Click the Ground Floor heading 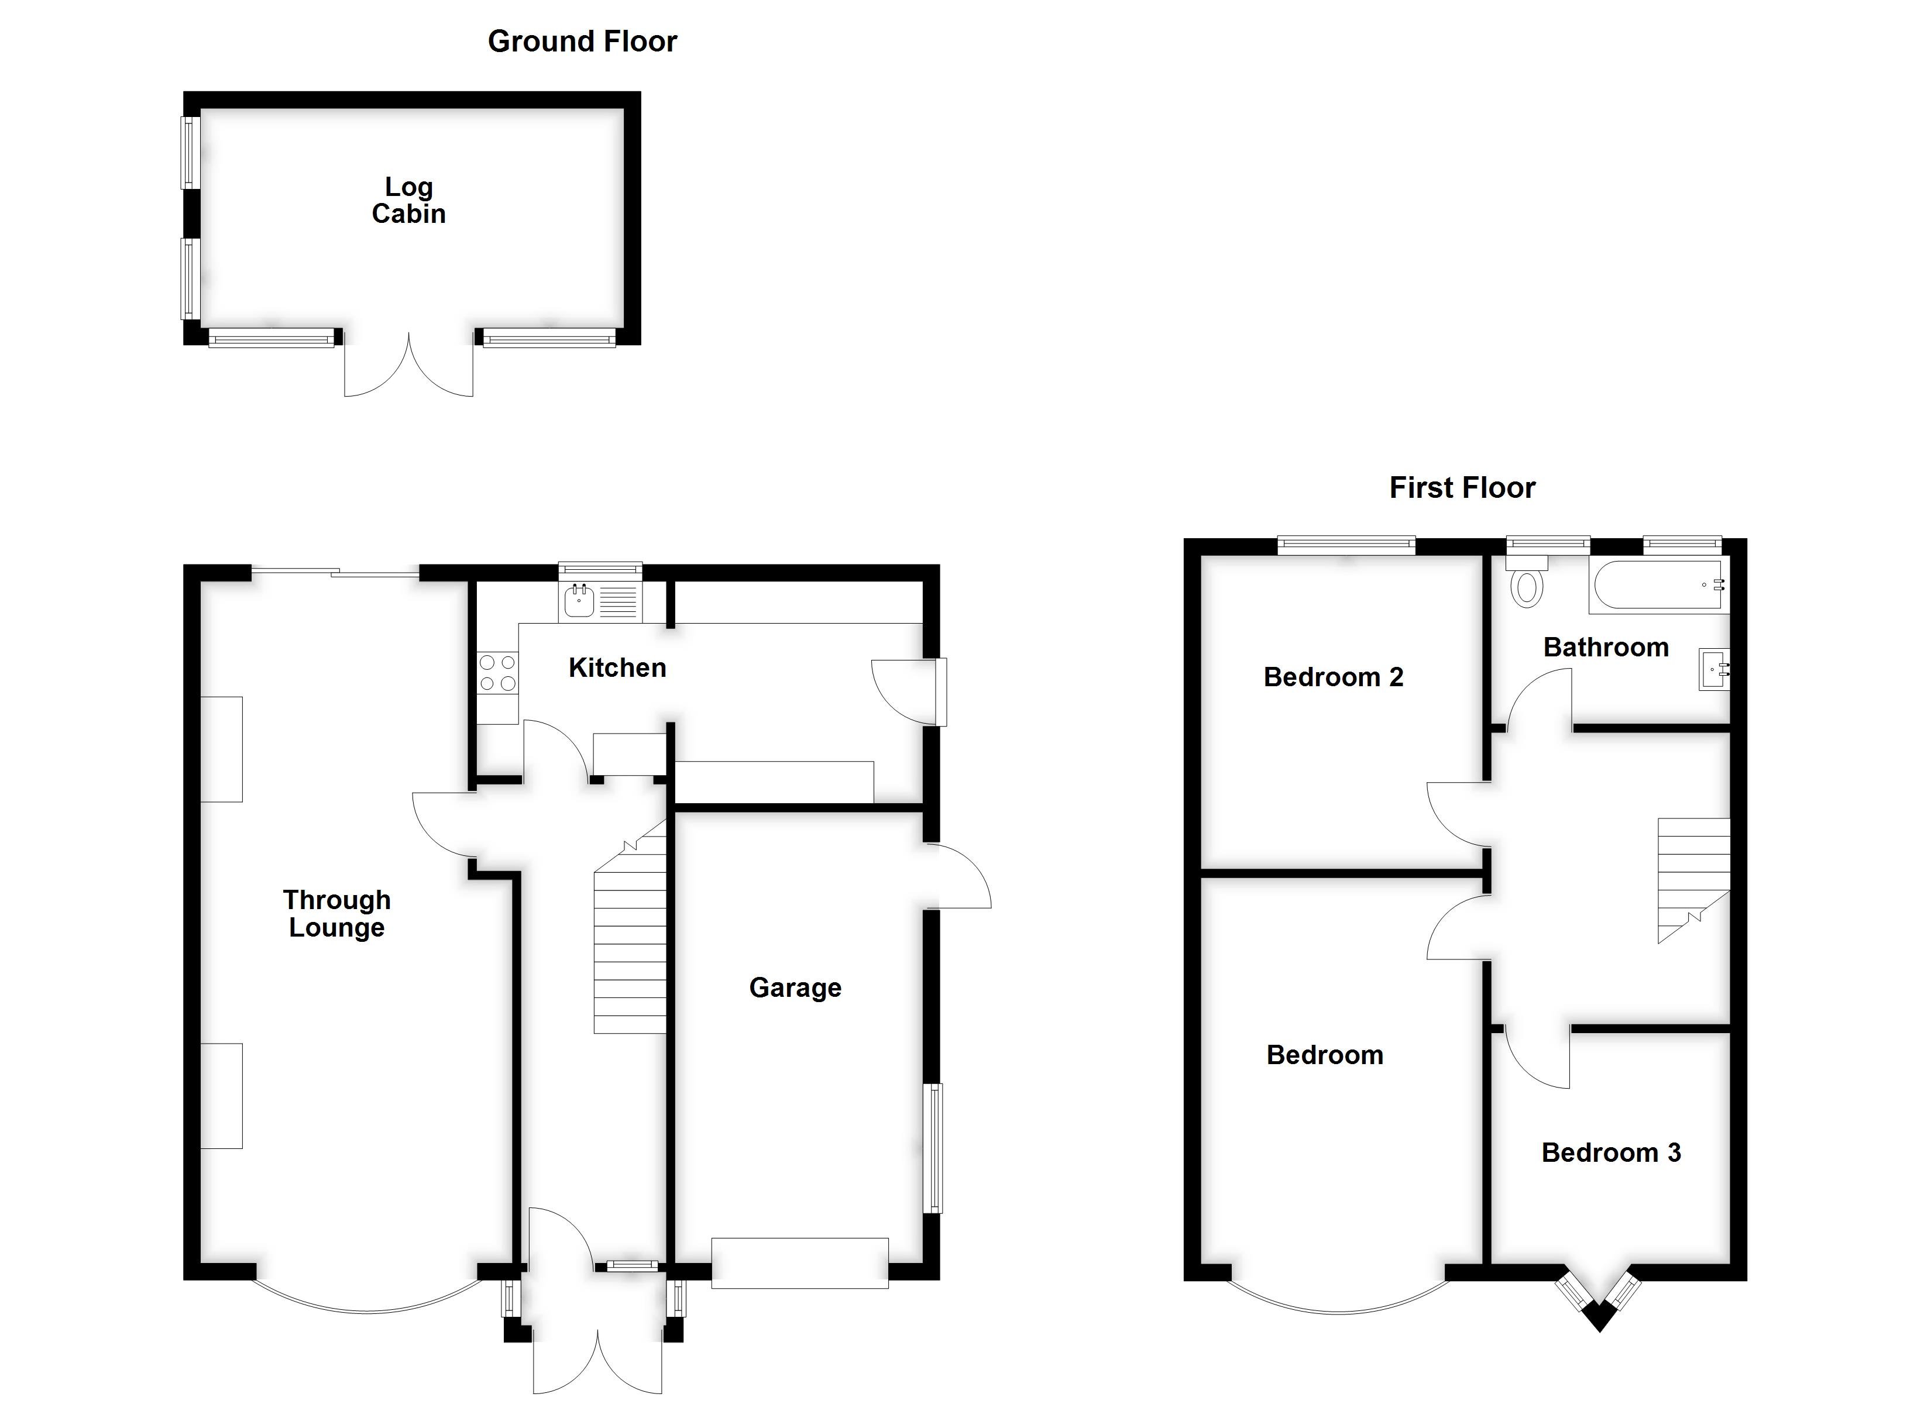(x=582, y=41)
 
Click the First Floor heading (x=1462, y=487)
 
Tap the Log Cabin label (x=408, y=200)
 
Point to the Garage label (x=795, y=987)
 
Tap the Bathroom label (x=1605, y=647)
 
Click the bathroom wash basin (x=1713, y=669)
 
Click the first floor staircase (x=1693, y=877)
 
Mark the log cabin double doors (x=408, y=366)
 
